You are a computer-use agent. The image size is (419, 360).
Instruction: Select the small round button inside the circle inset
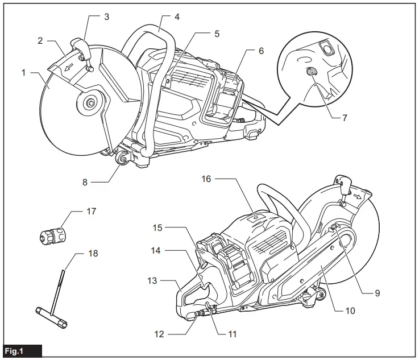(311, 72)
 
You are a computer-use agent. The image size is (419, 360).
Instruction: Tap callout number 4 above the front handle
(177, 17)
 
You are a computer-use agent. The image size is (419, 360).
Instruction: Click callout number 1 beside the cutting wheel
(24, 73)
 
